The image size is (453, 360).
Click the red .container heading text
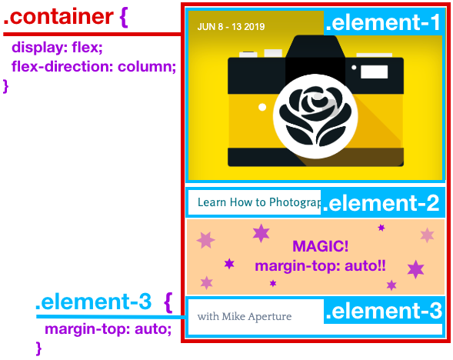coord(58,17)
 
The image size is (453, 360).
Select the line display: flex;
coord(57,47)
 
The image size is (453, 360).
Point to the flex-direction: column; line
coord(94,66)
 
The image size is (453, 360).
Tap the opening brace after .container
coord(123,18)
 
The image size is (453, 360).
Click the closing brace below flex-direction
coord(5,86)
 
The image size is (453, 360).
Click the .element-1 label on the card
coord(383,22)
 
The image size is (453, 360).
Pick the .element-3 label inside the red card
coord(384,311)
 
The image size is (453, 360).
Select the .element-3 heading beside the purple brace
coord(94,302)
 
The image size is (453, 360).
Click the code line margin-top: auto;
coord(108,328)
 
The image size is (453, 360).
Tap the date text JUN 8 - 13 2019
coord(231,27)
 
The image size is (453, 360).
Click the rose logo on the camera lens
coord(315,116)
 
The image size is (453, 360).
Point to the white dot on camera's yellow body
coord(262,107)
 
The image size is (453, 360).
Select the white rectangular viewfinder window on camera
coord(374,72)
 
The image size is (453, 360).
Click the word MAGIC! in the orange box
coord(321,246)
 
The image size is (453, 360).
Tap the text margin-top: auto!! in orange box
coord(320,265)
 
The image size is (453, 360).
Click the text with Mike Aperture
coord(245,316)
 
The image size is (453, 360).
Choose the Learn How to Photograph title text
coord(259,202)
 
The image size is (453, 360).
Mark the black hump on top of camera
coord(315,47)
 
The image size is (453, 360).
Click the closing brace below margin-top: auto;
coord(38,348)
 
